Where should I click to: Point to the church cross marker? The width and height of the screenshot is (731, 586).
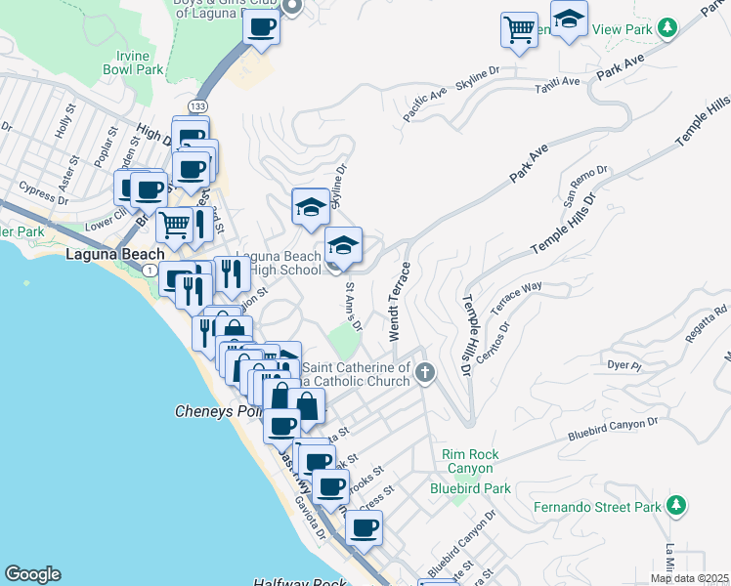pyautogui.click(x=424, y=372)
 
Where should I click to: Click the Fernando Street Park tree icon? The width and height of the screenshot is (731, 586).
pyautogui.click(x=674, y=505)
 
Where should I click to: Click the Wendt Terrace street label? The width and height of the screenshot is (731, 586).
pyautogui.click(x=400, y=300)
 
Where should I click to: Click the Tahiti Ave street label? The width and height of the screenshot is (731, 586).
pyautogui.click(x=557, y=85)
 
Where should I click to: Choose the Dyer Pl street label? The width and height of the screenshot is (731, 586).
pyautogui.click(x=623, y=366)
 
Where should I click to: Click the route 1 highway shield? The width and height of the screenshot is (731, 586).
pyautogui.click(x=149, y=269)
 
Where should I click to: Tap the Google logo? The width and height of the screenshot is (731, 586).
pyautogui.click(x=32, y=574)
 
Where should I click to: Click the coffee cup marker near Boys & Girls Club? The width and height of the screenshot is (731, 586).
pyautogui.click(x=261, y=26)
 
